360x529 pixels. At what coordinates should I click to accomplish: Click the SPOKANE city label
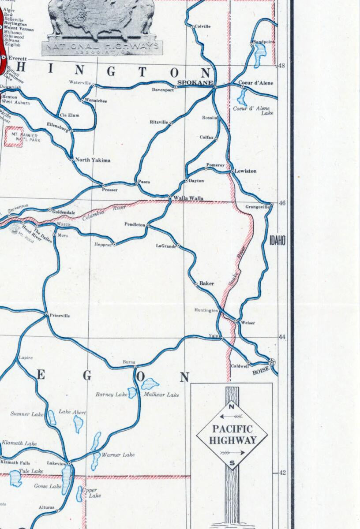[195, 82]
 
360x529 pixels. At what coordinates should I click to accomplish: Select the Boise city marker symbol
[272, 361]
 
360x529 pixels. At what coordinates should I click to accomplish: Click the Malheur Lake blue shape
[150, 383]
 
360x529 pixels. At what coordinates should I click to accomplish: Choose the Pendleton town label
[135, 224]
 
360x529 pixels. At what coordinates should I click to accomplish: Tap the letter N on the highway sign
[232, 406]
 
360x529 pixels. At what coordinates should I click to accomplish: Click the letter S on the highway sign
[232, 462]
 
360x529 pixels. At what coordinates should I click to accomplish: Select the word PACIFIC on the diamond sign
[232, 428]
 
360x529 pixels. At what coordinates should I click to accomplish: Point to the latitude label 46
[282, 203]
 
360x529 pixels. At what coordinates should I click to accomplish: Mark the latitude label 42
[282, 473]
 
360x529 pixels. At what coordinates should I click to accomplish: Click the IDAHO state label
[277, 240]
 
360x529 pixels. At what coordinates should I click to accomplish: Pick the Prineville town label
[60, 316]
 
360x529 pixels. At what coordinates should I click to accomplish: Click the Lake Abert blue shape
[79, 424]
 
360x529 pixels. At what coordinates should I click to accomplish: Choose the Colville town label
[202, 26]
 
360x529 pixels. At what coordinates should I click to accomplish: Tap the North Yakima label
[93, 160]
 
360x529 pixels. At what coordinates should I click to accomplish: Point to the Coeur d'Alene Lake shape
[242, 95]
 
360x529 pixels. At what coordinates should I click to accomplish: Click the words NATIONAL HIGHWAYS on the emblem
[102, 47]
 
